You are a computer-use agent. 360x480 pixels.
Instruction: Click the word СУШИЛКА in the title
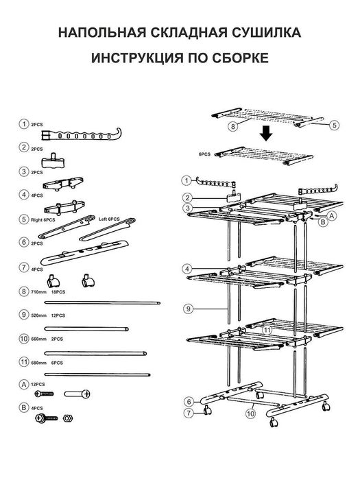(266, 32)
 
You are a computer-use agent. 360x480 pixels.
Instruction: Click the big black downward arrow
(266, 134)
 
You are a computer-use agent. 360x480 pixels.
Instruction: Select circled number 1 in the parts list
(24, 124)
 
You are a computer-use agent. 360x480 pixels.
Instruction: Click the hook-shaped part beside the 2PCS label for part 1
(81, 134)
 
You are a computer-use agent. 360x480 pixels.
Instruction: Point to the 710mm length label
(39, 292)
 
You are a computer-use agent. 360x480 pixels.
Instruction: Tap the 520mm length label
(39, 315)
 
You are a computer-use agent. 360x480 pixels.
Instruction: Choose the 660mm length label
(39, 339)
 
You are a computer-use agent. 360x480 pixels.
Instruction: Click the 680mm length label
(39, 363)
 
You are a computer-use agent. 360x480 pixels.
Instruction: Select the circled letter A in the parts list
(24, 384)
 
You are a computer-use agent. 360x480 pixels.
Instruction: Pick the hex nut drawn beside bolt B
(67, 418)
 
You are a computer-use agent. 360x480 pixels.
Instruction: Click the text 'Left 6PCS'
(109, 219)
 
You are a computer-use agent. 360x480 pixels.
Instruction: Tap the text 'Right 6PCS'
(43, 220)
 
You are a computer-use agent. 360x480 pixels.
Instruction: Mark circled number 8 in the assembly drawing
(233, 126)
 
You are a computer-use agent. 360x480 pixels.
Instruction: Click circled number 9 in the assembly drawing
(189, 309)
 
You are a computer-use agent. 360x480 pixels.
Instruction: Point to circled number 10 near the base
(251, 414)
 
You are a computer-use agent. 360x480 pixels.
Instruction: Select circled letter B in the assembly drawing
(323, 222)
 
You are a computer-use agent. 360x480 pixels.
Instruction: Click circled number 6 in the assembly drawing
(189, 402)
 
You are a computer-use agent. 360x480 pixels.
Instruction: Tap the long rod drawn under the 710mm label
(102, 303)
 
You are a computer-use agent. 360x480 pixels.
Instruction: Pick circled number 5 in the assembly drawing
(335, 125)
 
